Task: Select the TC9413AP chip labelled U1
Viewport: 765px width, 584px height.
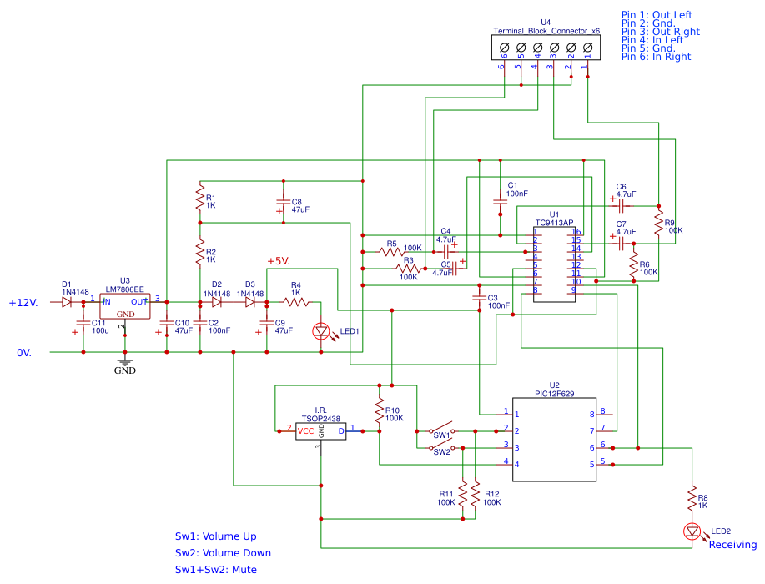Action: coord(554,264)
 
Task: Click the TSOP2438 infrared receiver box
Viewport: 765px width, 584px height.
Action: coord(321,430)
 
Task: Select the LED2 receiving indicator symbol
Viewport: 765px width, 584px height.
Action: coord(692,531)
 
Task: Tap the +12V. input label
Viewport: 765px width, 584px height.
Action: coord(24,303)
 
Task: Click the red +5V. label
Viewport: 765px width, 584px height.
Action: coord(279,262)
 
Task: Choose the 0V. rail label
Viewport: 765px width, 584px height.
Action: coord(24,353)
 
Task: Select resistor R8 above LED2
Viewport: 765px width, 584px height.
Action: coord(692,498)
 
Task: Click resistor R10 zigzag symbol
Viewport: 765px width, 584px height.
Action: coord(379,415)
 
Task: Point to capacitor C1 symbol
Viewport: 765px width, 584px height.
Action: coord(500,201)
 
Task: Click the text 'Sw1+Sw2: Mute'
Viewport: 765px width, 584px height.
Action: coord(215,570)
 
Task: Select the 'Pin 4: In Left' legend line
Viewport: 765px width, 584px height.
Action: coord(652,40)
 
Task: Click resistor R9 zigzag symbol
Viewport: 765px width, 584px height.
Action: coord(659,224)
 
